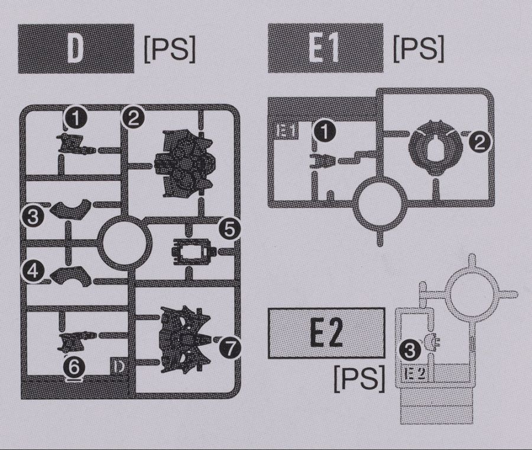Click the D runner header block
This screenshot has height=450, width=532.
(76, 48)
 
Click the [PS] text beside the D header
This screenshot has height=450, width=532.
(169, 51)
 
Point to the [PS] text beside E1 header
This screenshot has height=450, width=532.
(418, 49)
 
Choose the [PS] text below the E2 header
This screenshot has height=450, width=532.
(359, 377)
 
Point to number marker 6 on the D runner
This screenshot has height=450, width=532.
(74, 367)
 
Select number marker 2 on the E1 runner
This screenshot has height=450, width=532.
(481, 141)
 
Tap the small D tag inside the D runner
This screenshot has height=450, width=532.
(119, 367)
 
